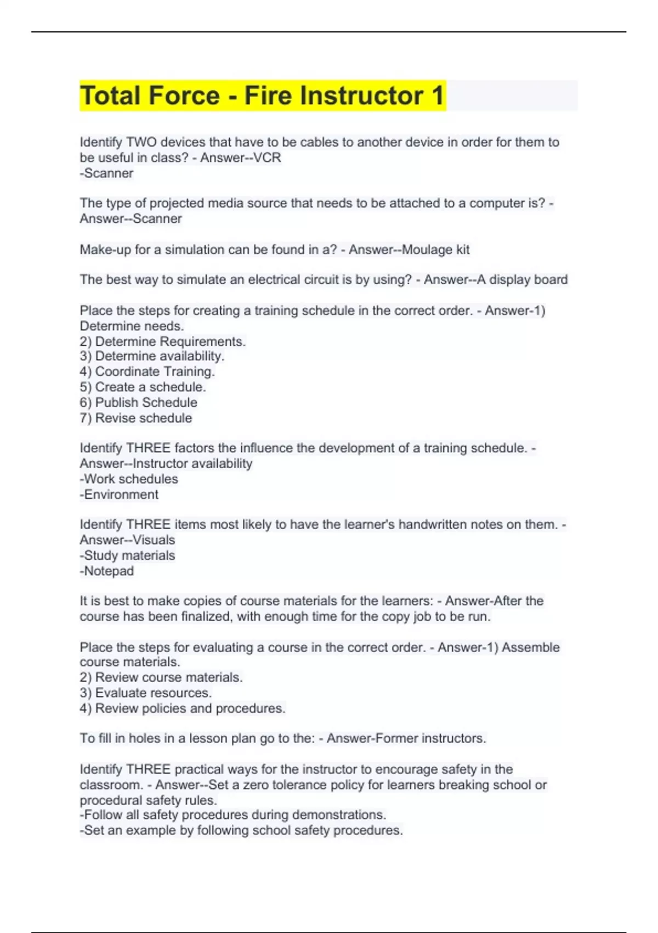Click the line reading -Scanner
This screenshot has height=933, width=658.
[x=107, y=173]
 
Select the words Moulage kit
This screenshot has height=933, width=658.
[x=436, y=250]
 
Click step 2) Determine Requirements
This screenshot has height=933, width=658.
[x=162, y=341]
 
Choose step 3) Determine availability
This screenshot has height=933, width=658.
[x=152, y=356]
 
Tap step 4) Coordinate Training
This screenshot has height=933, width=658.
[x=147, y=372]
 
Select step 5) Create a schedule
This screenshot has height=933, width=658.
[x=143, y=387]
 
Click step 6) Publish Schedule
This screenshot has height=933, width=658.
[x=138, y=402]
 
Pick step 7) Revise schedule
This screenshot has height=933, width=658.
[x=136, y=418]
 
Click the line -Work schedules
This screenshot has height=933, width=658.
[x=129, y=479]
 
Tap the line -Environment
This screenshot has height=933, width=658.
[x=119, y=494]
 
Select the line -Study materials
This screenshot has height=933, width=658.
[x=127, y=555]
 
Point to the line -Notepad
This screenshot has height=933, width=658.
[x=107, y=571]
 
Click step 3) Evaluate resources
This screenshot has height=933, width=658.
[x=145, y=693]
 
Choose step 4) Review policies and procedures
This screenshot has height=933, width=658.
[x=182, y=708]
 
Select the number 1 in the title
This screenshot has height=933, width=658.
[x=437, y=95]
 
